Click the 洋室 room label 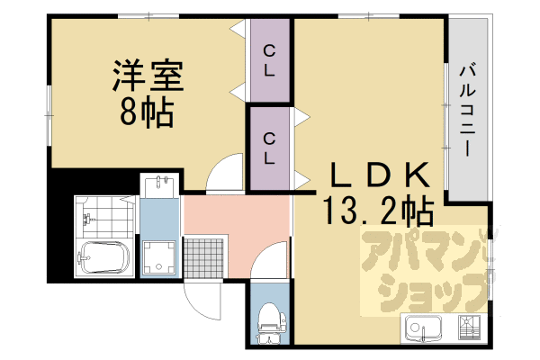click(x=148, y=76)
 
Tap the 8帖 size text click(x=147, y=112)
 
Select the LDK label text click(x=380, y=175)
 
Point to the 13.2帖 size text click(x=378, y=210)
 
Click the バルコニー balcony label click(x=468, y=110)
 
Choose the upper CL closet click(x=270, y=60)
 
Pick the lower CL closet click(x=270, y=148)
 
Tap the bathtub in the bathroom click(x=104, y=257)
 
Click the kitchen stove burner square click(x=469, y=327)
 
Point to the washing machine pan click(x=158, y=257)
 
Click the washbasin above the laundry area click(x=159, y=186)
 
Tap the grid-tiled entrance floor click(x=204, y=257)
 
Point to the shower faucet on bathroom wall click(x=86, y=219)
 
